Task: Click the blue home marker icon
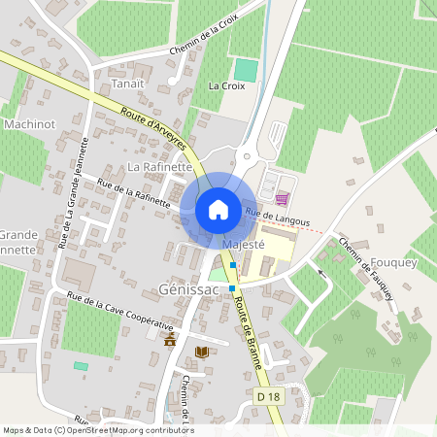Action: pos(218,210)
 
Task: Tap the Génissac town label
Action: pos(185,290)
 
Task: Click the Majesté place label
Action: pos(243,246)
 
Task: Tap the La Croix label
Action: pos(226,85)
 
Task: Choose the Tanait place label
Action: pos(127,83)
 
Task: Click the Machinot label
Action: pos(29,124)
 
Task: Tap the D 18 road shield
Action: pos(271,396)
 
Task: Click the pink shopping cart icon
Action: pos(282,198)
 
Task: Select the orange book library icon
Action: pos(202,352)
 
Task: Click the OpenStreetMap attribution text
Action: pos(98,429)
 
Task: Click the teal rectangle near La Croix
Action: pos(247,70)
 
